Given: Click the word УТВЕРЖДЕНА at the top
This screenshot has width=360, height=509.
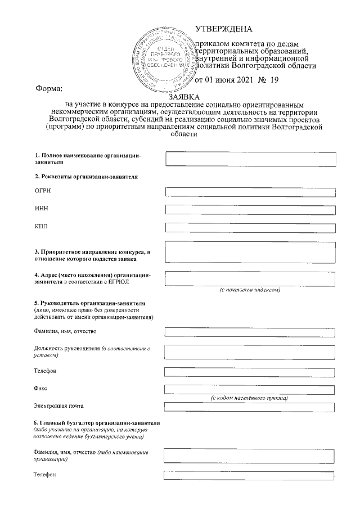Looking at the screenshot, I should [223, 29].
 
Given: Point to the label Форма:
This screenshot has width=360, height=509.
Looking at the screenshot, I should [49, 88].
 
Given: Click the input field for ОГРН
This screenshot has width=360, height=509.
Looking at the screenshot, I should [250, 192].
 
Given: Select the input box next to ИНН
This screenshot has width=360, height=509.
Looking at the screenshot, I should [250, 210].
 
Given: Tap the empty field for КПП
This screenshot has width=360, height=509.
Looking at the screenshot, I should [250, 228].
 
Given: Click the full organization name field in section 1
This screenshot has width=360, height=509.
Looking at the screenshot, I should [250, 159].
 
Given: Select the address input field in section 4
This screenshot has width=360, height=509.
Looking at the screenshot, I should [250, 278].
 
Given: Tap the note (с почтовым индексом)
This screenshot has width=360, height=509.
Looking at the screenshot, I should [250, 290].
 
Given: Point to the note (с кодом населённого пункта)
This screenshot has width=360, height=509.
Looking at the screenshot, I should [250, 398].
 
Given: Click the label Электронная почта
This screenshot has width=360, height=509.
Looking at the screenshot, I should [61, 406].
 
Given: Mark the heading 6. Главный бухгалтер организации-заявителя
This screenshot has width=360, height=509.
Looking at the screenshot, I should [97, 422].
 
